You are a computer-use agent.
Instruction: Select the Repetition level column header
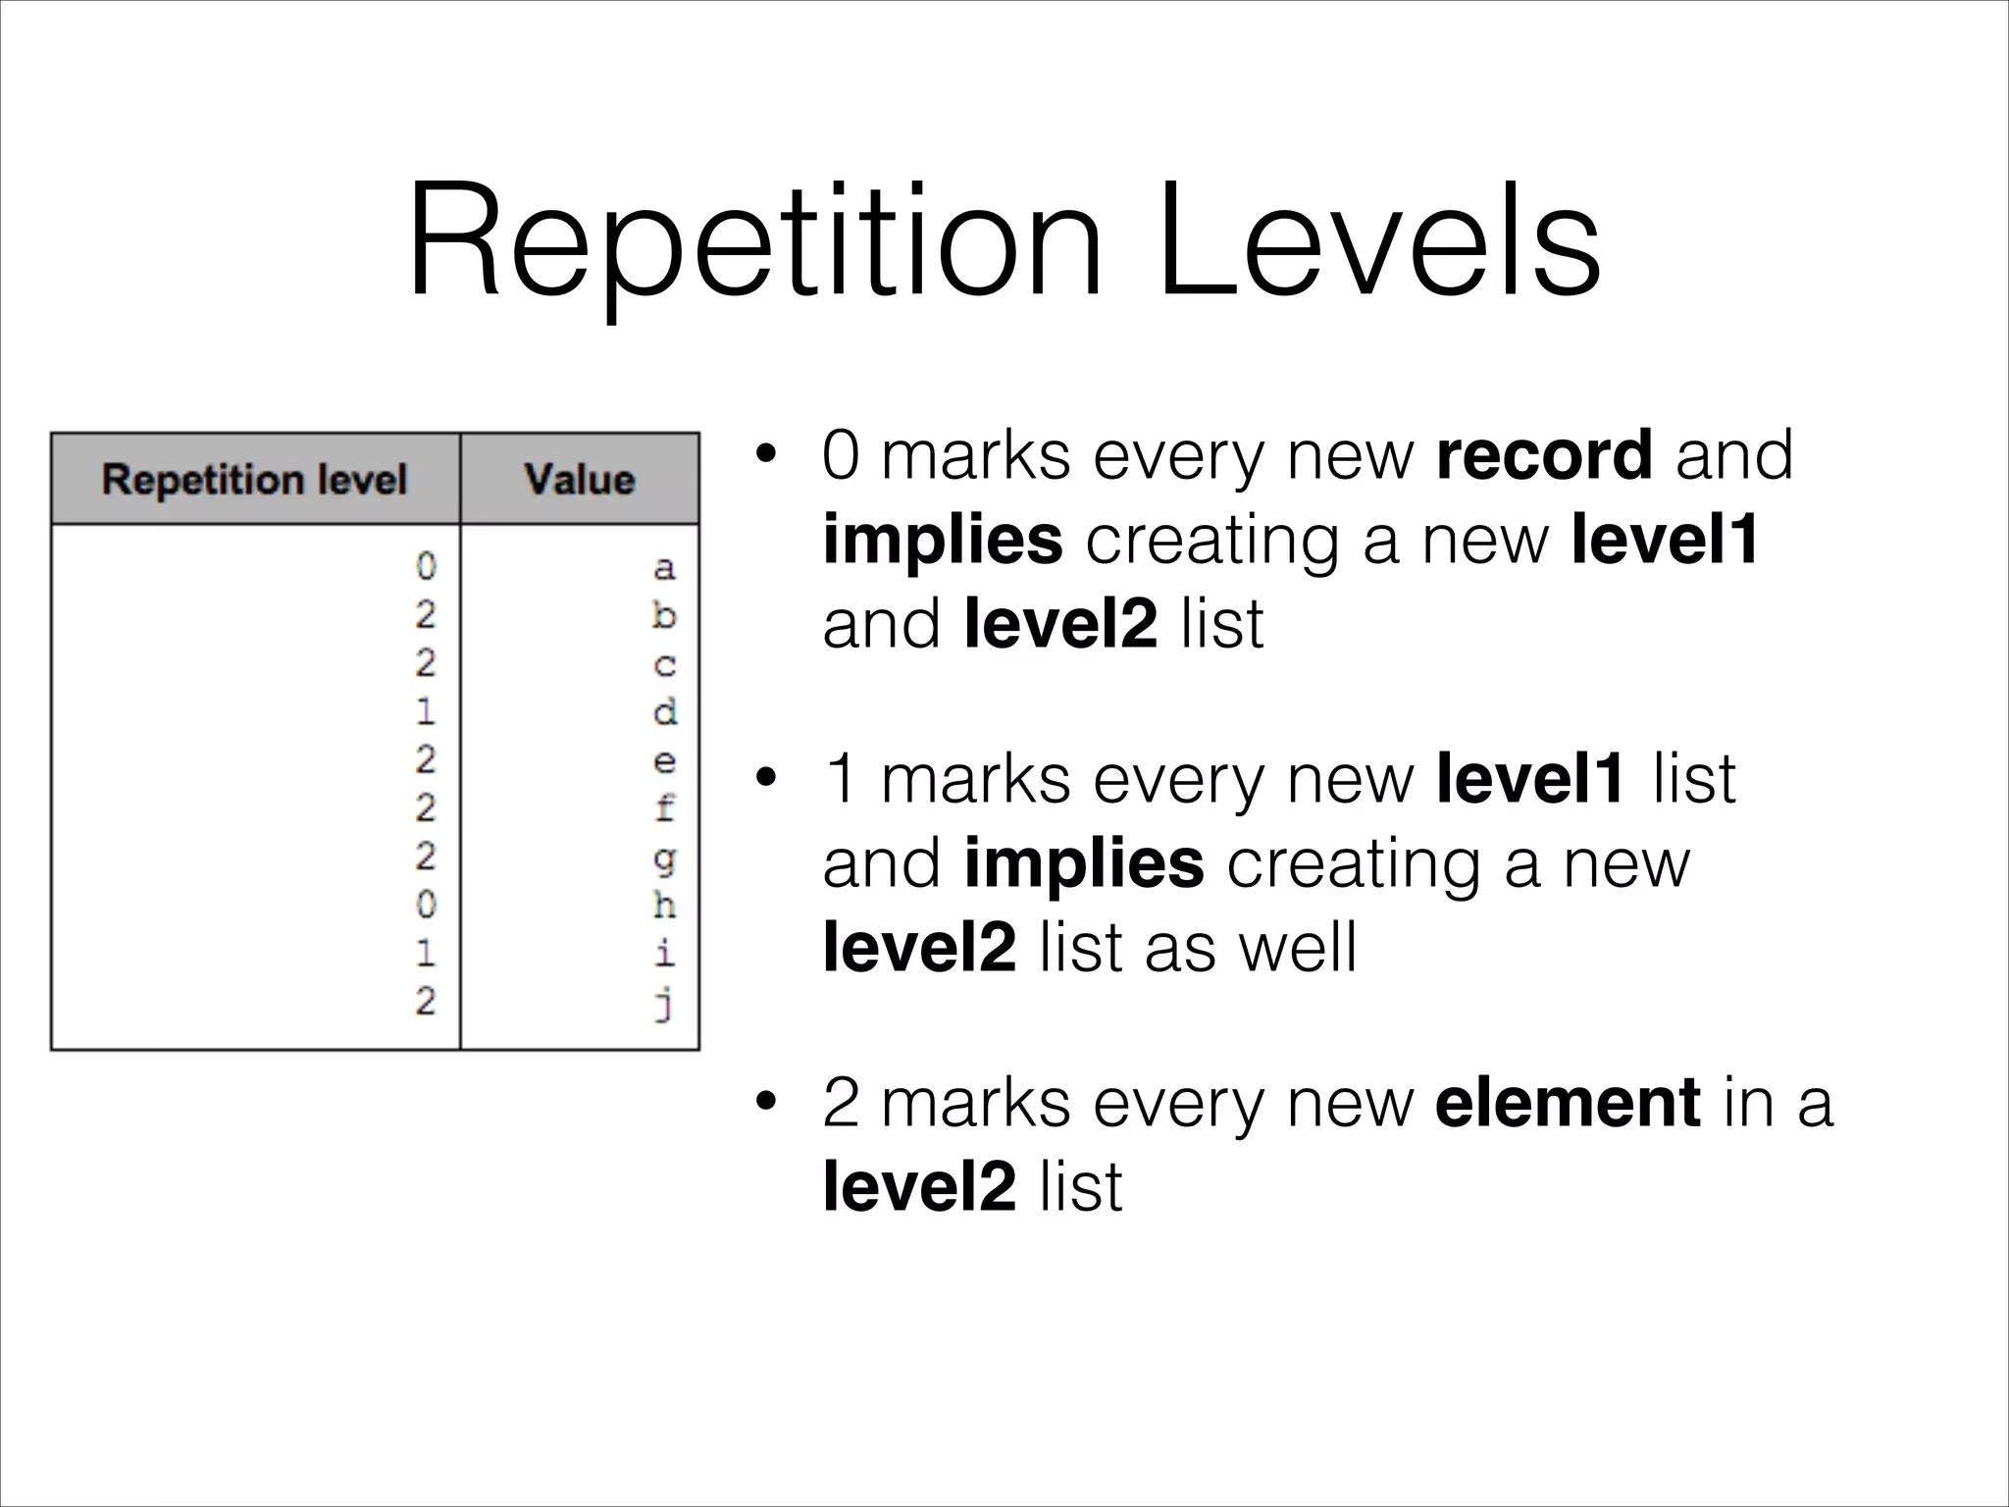coord(254,479)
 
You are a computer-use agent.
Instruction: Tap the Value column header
coord(580,479)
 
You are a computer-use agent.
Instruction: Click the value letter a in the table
coord(664,568)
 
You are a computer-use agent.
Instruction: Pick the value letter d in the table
coord(664,711)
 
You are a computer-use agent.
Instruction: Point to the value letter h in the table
coord(664,905)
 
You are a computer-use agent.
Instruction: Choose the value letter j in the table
coord(664,1003)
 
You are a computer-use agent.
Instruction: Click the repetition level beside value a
coord(425,567)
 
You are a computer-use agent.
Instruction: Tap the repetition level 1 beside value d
coord(425,711)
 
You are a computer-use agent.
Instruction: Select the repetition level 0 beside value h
coord(425,905)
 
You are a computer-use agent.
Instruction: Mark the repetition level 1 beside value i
coord(425,953)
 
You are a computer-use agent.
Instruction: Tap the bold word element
coord(1567,1103)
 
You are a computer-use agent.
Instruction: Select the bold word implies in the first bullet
coord(943,540)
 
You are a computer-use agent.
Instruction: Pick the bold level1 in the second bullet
coord(1530,779)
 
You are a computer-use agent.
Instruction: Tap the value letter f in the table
coord(664,808)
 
